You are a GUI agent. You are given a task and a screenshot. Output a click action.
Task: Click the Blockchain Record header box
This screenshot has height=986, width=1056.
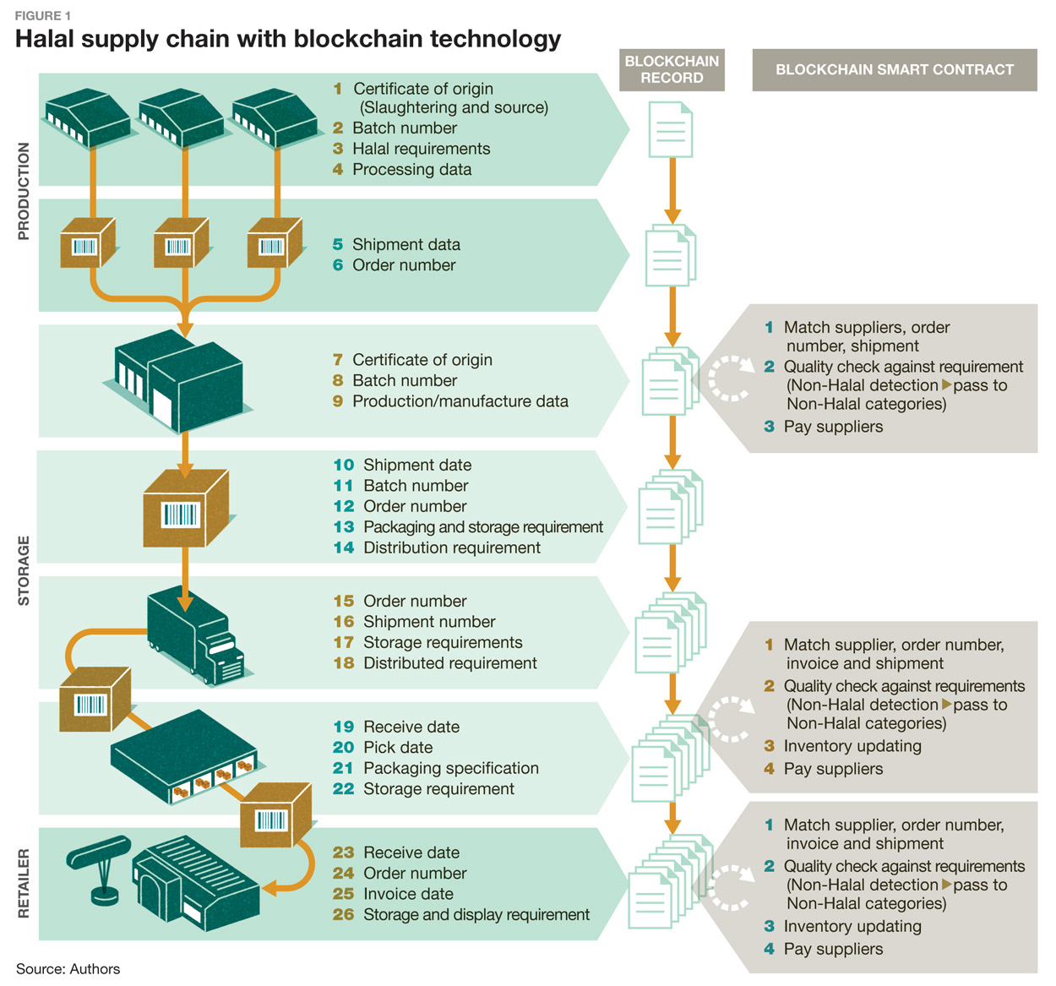coord(672,69)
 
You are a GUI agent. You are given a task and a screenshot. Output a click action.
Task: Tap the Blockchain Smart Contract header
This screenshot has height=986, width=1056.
coord(894,70)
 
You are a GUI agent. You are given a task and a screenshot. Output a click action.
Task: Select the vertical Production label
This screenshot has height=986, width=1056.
coord(24,191)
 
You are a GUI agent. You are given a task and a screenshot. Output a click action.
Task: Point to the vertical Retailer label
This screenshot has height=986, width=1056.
coord(24,883)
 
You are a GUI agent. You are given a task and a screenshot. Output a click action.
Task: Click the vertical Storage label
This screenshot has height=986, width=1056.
coord(24,570)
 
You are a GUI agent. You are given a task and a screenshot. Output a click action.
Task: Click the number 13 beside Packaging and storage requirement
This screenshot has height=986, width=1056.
coord(343,527)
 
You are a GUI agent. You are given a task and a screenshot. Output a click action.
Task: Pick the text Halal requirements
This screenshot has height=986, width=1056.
coord(421,149)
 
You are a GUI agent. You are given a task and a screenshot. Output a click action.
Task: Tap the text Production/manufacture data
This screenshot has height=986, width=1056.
coord(460,401)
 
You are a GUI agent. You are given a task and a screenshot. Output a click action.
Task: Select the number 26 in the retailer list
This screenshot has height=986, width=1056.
coord(343,914)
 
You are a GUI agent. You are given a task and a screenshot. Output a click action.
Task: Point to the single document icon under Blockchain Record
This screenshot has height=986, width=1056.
coord(671,130)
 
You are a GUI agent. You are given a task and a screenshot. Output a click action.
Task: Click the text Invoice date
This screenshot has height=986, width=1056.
coord(408,894)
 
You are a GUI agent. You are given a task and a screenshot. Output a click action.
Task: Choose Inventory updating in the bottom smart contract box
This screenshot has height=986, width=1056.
coord(852,926)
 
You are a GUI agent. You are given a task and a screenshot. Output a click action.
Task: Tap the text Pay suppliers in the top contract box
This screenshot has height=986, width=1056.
coord(833,427)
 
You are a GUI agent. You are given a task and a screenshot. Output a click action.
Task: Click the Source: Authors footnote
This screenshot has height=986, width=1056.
coord(68,969)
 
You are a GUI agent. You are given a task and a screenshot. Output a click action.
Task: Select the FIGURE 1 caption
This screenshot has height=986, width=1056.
coord(43,16)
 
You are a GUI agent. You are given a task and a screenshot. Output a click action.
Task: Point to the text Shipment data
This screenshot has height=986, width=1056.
coord(406,244)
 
